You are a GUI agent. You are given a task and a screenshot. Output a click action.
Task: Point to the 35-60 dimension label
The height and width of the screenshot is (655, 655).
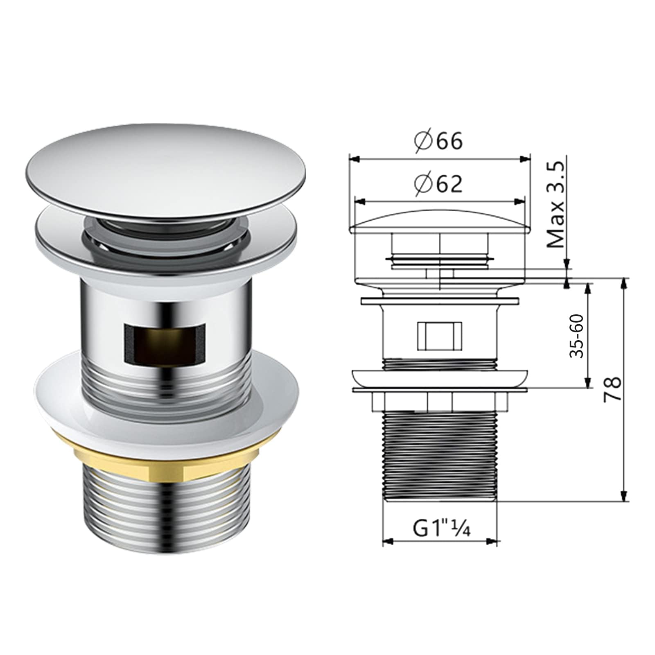[577, 336]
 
